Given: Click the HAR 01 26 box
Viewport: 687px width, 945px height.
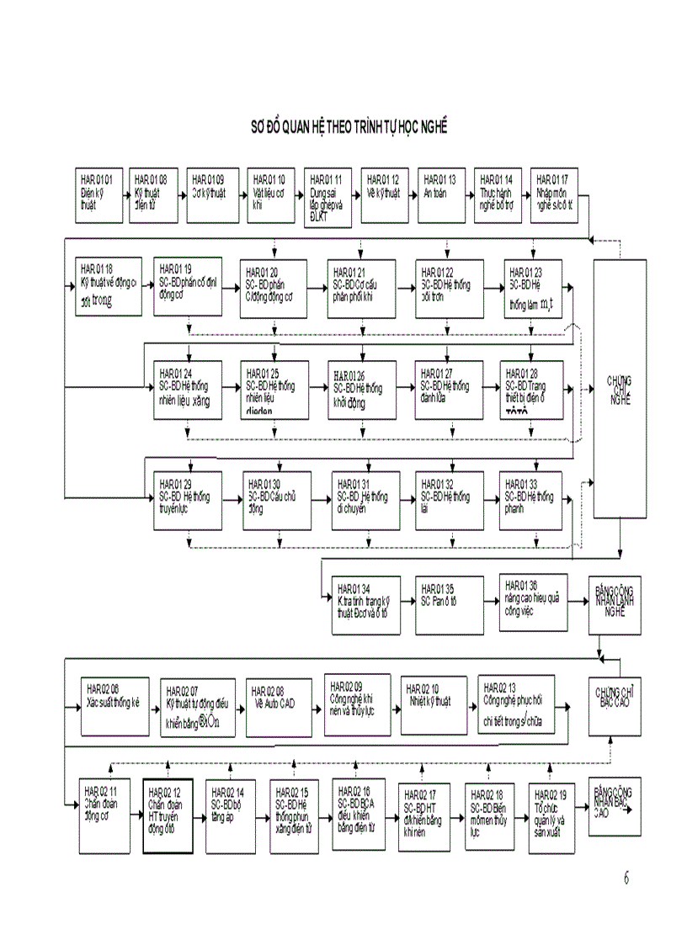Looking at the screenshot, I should pyautogui.click(x=362, y=390).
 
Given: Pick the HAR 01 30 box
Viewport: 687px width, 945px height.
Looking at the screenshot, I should pyautogui.click(x=274, y=500).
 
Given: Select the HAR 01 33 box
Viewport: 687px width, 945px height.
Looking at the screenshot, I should pyautogui.click(x=533, y=500).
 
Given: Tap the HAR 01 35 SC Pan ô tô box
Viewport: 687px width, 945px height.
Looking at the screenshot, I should pyautogui.click(x=450, y=604).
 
